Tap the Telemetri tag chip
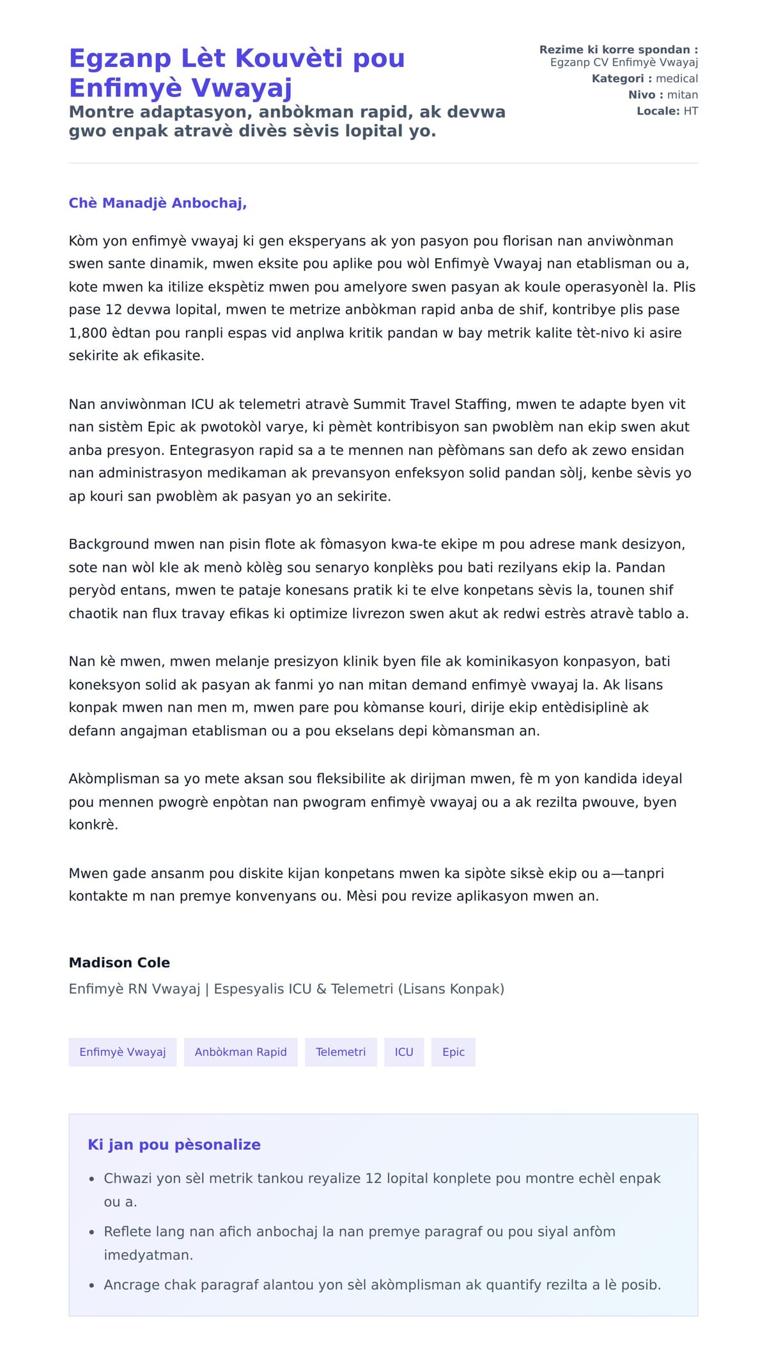(x=341, y=1052)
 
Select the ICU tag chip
(x=404, y=1052)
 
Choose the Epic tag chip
(x=453, y=1052)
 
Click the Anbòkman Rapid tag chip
(x=240, y=1052)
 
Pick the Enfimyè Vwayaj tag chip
(x=123, y=1052)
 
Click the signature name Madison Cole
(x=120, y=962)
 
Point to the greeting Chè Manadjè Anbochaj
(x=157, y=203)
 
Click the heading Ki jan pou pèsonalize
(x=174, y=1145)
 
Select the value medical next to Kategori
(x=677, y=79)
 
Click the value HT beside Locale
(x=690, y=111)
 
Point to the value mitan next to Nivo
(x=683, y=95)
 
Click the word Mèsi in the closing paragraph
(x=361, y=896)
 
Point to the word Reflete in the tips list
(x=127, y=1232)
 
